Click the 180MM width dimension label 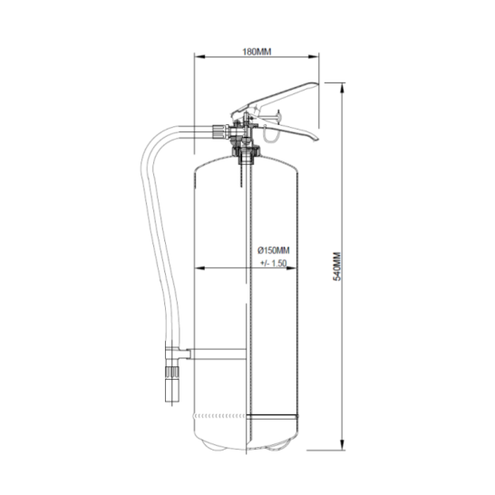(258, 52)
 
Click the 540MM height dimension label (335, 266)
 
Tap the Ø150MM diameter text (273, 250)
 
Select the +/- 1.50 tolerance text (273, 262)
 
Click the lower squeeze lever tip (312, 138)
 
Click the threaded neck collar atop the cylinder (245, 151)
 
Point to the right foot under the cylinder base (280, 448)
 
